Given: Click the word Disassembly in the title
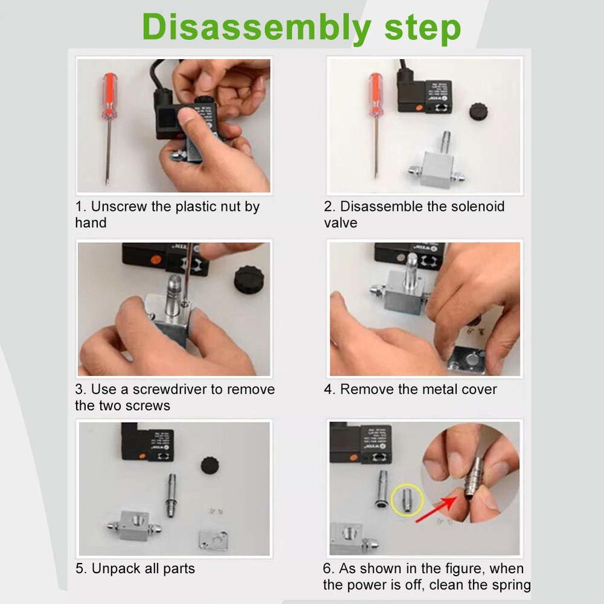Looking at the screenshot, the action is pyautogui.click(x=257, y=28).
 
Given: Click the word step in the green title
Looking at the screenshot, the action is pyautogui.click(x=423, y=28).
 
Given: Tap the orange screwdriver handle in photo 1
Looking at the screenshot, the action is pyautogui.click(x=109, y=95).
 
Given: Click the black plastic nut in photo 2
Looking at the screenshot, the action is pyautogui.click(x=478, y=112).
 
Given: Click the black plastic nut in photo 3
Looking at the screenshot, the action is pyautogui.click(x=249, y=279).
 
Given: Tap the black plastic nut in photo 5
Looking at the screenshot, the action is pyautogui.click(x=210, y=465).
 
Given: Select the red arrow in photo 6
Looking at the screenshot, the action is pyautogui.click(x=437, y=509).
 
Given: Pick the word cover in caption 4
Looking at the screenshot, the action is pyautogui.click(x=479, y=390).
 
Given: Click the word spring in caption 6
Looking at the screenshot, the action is pyautogui.click(x=511, y=585).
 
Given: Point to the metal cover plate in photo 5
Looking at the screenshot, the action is pyautogui.click(x=213, y=539).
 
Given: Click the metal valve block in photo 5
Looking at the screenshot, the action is pyautogui.click(x=133, y=526).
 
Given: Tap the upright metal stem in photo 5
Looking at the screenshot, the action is pyautogui.click(x=172, y=495).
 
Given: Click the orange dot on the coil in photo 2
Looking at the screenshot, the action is pyautogui.click(x=420, y=108).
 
